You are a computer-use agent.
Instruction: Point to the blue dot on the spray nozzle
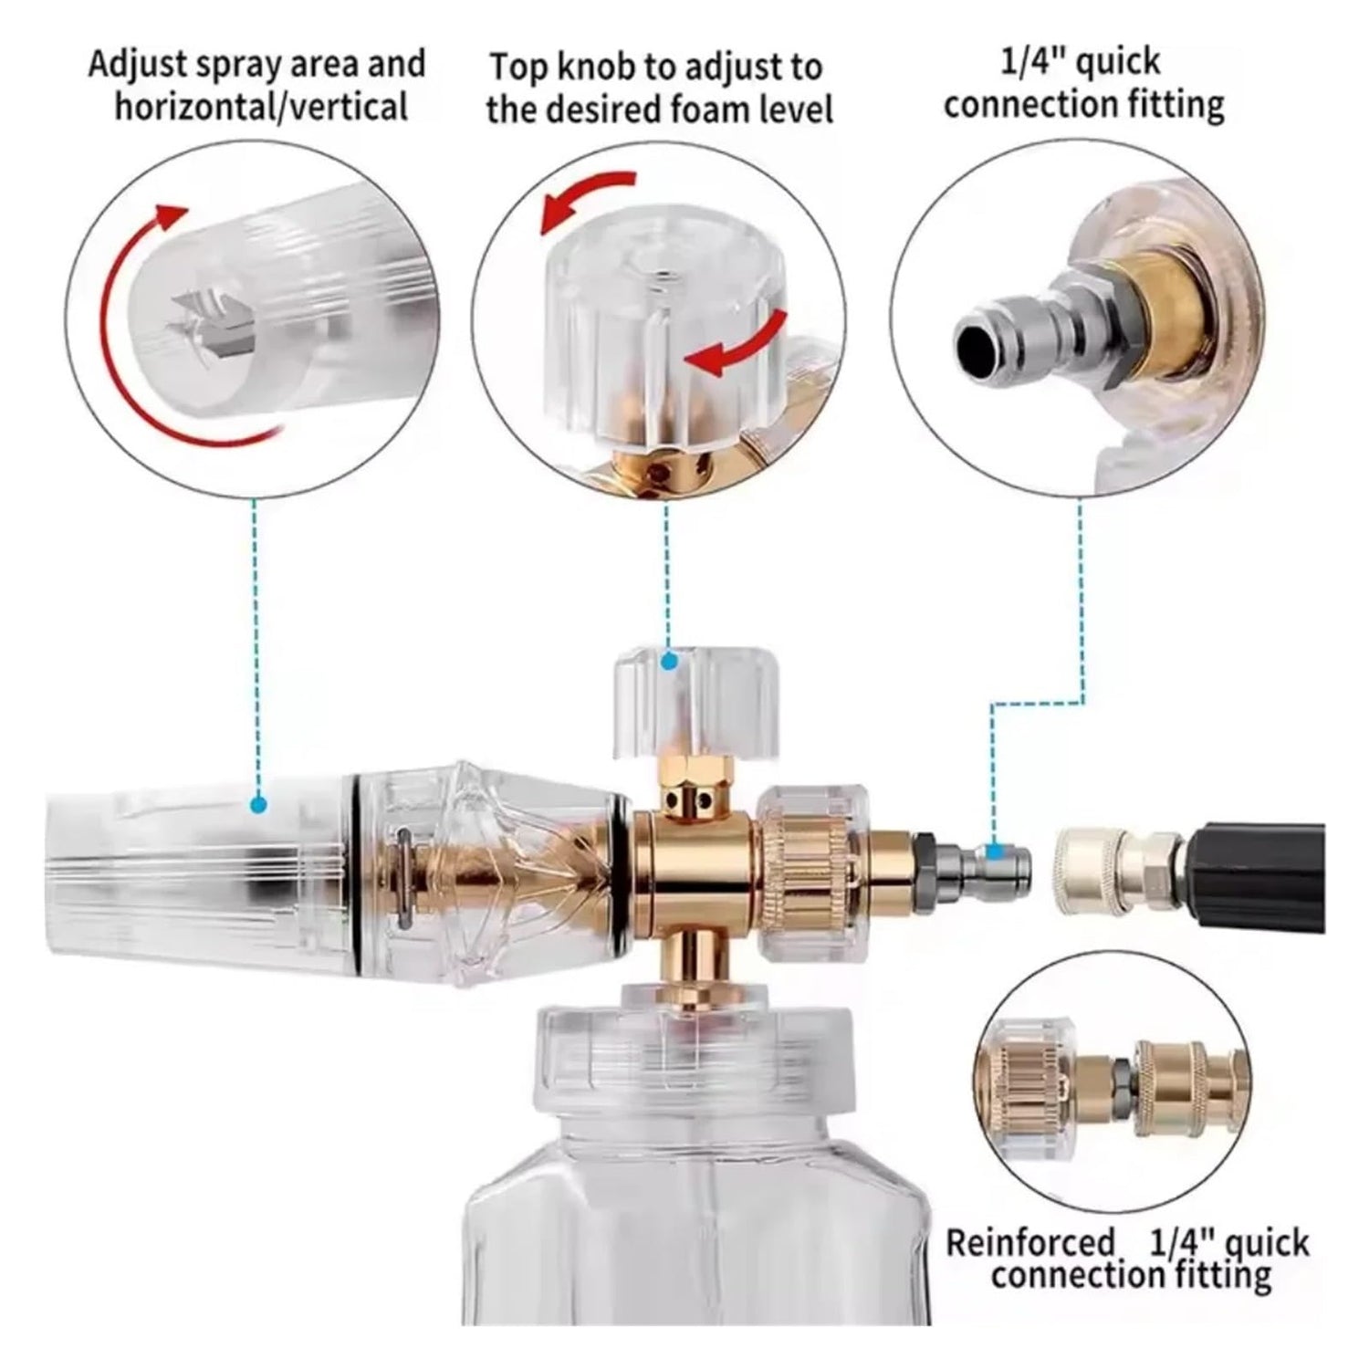coord(259,805)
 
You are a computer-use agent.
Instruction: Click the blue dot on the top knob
coord(670,661)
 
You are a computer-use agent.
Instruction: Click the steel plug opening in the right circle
coord(978,347)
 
